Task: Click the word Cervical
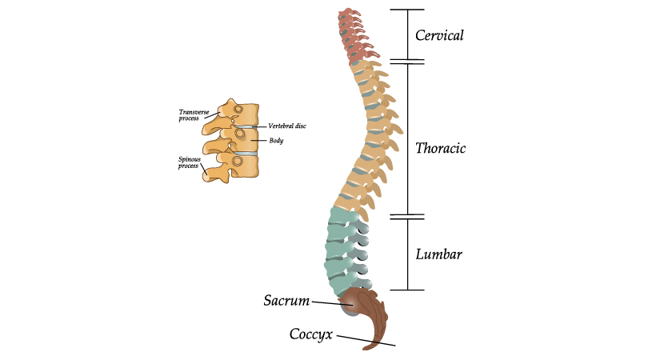(439, 35)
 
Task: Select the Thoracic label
(440, 149)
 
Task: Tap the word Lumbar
(439, 254)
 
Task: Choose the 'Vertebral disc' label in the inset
(287, 126)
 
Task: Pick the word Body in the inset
(276, 141)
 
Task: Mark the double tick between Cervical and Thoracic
(406, 61)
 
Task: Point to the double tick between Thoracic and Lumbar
(406, 216)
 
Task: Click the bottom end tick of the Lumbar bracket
(406, 290)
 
